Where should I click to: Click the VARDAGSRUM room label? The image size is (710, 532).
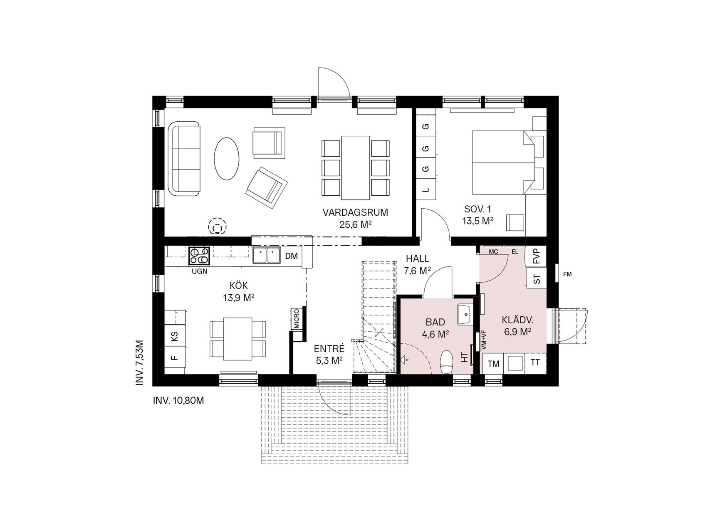tap(355, 212)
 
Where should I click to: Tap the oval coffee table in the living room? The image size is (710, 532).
tap(226, 159)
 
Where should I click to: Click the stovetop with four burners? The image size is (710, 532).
tap(199, 256)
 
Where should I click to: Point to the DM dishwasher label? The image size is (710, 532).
tap(292, 256)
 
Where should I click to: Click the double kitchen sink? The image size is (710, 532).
tap(266, 256)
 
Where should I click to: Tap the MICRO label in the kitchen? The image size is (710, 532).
tap(297, 319)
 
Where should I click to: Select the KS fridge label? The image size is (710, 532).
tap(175, 336)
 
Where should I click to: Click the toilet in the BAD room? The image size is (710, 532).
tap(446, 361)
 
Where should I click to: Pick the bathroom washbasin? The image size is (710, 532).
tap(465, 314)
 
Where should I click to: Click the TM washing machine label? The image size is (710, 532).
tap(493, 364)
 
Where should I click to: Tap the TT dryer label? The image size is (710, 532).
tap(535, 363)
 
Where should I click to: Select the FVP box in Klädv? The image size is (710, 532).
tap(536, 256)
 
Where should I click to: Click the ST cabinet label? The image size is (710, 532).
tap(537, 279)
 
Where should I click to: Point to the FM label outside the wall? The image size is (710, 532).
tap(567, 274)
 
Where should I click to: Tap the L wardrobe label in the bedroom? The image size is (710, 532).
tap(425, 190)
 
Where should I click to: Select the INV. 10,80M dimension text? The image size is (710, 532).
tap(179, 401)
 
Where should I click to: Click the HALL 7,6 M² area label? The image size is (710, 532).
tap(418, 265)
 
